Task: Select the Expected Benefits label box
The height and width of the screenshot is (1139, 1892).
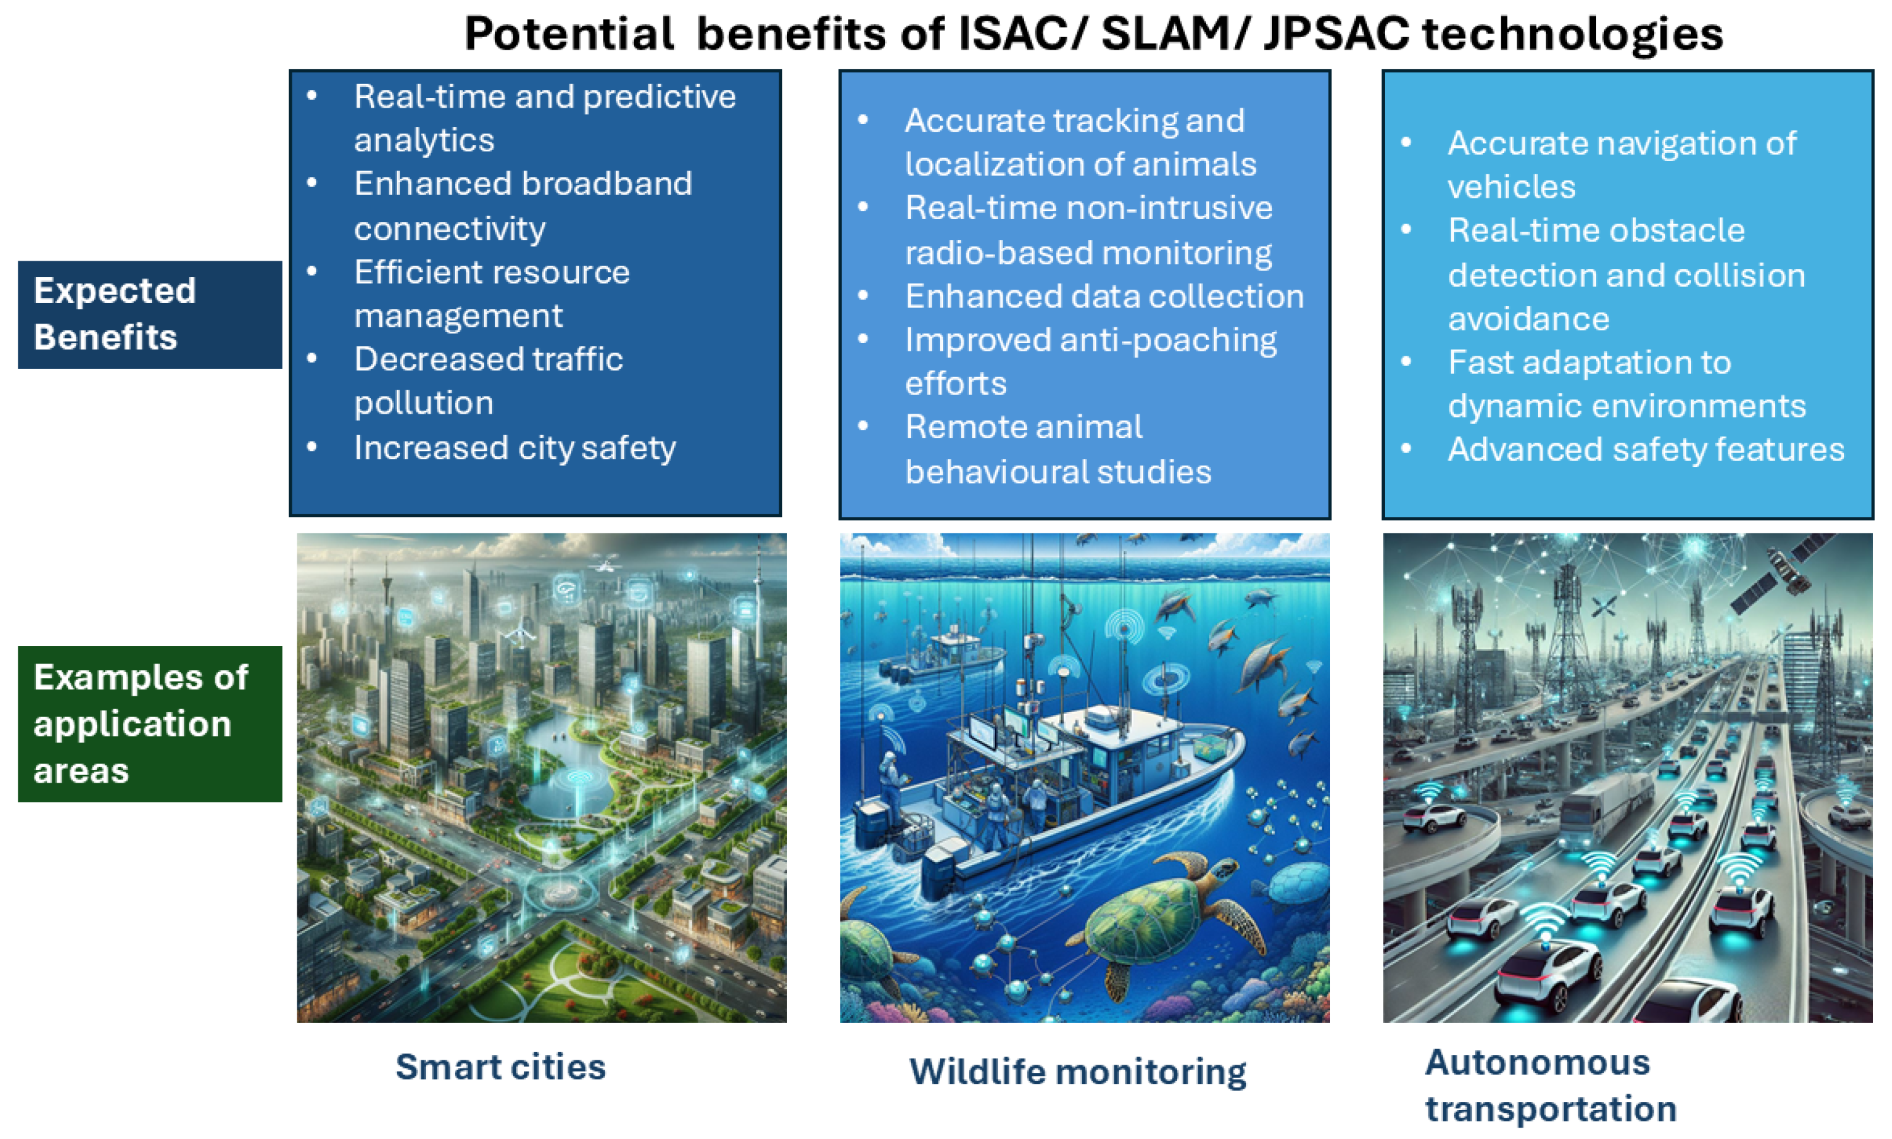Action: click(x=151, y=315)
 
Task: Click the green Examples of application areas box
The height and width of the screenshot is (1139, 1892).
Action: click(x=151, y=724)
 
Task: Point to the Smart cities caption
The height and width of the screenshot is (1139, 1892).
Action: click(x=501, y=1067)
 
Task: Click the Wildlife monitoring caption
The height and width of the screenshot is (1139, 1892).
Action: click(x=1078, y=1072)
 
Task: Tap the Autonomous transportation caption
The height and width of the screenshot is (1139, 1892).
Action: click(x=1551, y=1085)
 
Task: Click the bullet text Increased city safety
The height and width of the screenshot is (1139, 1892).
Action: click(x=515, y=448)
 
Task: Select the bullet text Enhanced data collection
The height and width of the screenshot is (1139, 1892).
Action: click(x=1104, y=297)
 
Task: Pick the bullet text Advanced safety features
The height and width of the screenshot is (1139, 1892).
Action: click(x=1646, y=449)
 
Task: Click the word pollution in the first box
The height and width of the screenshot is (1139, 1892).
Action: click(x=424, y=404)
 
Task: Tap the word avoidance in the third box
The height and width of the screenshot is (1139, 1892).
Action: click(x=1529, y=319)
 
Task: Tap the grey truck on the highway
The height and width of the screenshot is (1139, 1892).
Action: click(x=1605, y=806)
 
